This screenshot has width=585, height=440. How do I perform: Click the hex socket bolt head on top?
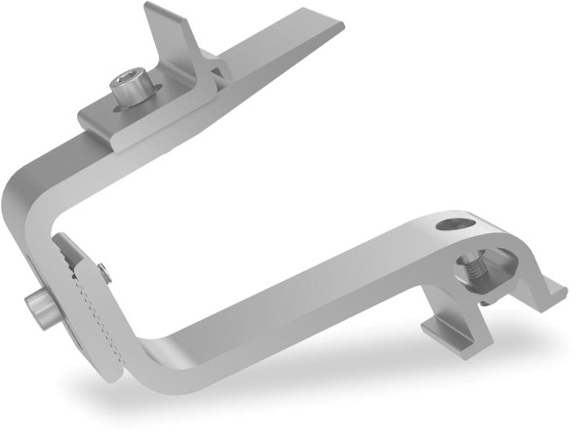[x=129, y=84]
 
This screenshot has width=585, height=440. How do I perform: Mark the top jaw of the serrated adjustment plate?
[x=68, y=249]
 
